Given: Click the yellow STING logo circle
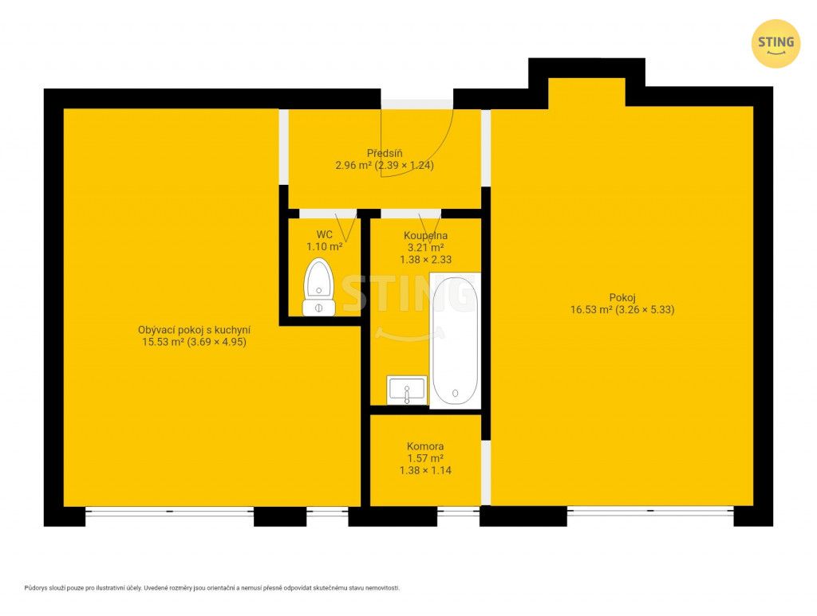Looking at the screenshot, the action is click(x=776, y=44).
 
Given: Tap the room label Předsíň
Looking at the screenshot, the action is click(x=385, y=154).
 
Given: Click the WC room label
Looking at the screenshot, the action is click(x=324, y=234).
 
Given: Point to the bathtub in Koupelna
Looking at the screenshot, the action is click(x=455, y=341).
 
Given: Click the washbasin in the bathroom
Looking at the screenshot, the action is click(x=407, y=390).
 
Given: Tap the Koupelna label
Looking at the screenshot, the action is click(x=426, y=236).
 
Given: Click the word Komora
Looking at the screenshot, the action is click(x=425, y=446).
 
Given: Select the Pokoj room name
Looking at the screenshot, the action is click(x=622, y=297).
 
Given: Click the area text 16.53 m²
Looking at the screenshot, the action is click(x=591, y=309).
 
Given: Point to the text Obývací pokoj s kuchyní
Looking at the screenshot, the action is click(x=195, y=330).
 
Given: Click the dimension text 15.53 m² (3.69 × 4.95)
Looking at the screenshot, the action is click(x=195, y=342).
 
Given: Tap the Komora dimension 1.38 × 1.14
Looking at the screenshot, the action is click(x=425, y=470).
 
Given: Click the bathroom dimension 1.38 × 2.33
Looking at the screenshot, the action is click(x=426, y=259).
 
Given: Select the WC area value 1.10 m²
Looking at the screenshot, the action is click(x=324, y=246).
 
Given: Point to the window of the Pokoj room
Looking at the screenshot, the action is click(x=650, y=511).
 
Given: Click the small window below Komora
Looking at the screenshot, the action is click(x=458, y=511).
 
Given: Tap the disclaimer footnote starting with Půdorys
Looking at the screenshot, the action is click(x=212, y=588).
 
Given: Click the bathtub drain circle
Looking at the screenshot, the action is click(x=455, y=394).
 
